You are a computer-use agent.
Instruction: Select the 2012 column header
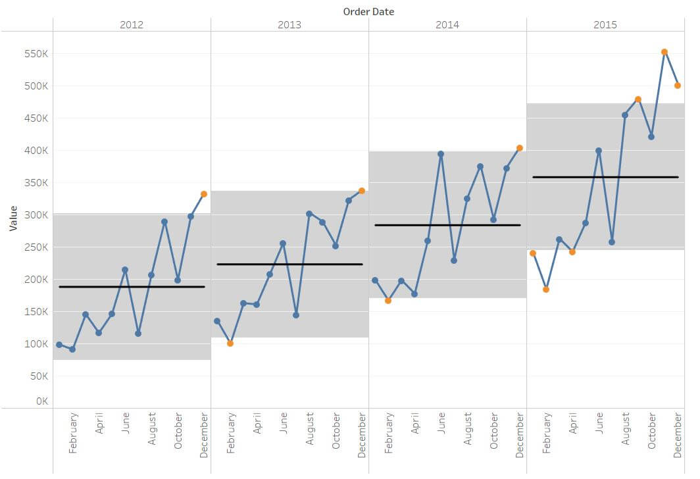click(x=132, y=25)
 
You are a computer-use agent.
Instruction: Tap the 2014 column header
click(x=447, y=25)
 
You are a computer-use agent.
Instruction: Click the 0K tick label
click(x=41, y=401)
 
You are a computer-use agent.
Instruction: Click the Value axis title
click(x=13, y=218)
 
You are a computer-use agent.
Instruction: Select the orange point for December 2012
click(x=204, y=194)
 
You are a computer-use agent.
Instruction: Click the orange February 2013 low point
click(x=230, y=343)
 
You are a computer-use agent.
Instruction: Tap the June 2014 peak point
click(x=441, y=154)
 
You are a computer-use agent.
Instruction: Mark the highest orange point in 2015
click(x=664, y=52)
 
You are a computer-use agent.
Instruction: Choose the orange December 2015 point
click(x=678, y=86)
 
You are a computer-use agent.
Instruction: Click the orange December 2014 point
click(x=520, y=148)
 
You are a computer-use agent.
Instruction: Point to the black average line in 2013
click(x=289, y=265)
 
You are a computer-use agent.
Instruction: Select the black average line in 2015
click(x=605, y=177)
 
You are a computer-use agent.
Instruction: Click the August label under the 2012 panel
click(x=152, y=429)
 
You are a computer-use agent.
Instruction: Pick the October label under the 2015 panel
click(x=652, y=431)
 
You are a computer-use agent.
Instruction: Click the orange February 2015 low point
click(x=546, y=290)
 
